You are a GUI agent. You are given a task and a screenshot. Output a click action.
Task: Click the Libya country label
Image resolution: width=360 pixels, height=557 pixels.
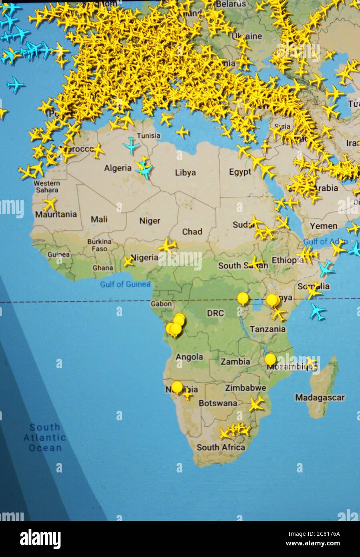(185, 173)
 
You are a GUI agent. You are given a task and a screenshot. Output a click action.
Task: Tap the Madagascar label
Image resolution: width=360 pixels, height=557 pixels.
(320, 398)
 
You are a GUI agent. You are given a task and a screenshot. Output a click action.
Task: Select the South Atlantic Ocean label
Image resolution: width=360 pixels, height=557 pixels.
(44, 438)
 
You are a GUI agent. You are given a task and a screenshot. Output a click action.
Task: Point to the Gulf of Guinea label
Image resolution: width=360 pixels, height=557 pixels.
(125, 284)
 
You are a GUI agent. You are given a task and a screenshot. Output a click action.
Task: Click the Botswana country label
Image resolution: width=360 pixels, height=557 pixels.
(218, 403)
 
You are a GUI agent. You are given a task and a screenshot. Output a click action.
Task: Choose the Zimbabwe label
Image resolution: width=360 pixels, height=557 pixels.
(245, 388)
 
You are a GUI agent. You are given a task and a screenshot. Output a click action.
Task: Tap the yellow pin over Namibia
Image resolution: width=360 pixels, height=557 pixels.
(177, 387)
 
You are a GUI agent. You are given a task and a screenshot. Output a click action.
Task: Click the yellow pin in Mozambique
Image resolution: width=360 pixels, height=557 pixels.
(270, 359)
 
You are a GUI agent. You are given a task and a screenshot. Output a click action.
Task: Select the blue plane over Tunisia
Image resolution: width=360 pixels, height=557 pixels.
(131, 145)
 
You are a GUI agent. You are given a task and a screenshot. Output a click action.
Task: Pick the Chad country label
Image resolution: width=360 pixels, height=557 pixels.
(192, 232)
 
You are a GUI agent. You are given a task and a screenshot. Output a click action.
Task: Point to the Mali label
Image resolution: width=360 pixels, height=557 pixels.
(99, 220)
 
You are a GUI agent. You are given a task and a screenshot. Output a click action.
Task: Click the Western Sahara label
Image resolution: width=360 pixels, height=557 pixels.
(47, 186)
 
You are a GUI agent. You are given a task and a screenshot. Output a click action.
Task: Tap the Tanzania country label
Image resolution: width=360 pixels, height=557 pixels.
(268, 329)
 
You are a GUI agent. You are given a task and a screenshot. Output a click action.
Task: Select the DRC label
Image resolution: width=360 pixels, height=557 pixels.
(215, 313)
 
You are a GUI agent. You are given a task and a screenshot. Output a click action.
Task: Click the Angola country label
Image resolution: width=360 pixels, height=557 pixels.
(189, 357)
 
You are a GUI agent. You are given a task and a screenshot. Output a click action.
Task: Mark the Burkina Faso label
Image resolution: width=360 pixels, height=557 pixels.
(99, 245)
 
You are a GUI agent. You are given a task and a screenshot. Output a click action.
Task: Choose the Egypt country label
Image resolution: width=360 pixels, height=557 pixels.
(240, 172)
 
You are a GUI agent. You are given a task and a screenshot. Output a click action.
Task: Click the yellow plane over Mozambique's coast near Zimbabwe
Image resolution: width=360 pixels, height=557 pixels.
(255, 404)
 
